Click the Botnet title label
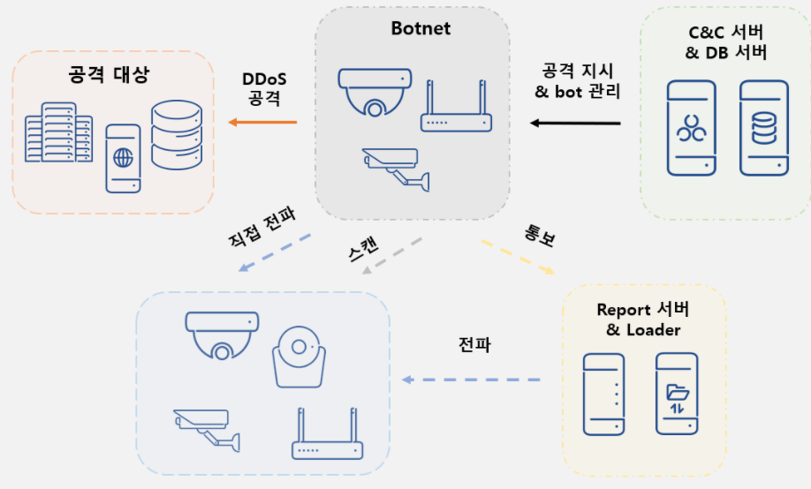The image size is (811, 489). pyautogui.click(x=421, y=28)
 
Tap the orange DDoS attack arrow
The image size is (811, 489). pyautogui.click(x=262, y=122)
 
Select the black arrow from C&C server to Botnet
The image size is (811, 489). pyautogui.click(x=575, y=123)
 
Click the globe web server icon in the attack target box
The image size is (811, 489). pyautogui.click(x=123, y=159)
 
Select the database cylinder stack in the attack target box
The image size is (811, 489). pyautogui.click(x=177, y=135)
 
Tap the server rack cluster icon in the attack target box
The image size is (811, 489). pyautogui.click(x=59, y=132)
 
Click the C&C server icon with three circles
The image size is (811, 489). pyautogui.click(x=692, y=128)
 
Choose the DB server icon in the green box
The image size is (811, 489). pyautogui.click(x=764, y=128)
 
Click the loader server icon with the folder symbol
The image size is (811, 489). pyautogui.click(x=677, y=394)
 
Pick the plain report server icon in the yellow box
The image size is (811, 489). pyautogui.click(x=603, y=395)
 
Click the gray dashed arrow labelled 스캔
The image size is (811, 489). pyautogui.click(x=392, y=256)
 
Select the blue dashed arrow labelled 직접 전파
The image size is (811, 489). pyautogui.click(x=275, y=252)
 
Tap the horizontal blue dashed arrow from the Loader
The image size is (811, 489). pyautogui.click(x=471, y=380)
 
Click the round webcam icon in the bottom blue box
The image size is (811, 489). pyautogui.click(x=299, y=357)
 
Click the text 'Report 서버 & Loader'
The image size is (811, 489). pyautogui.click(x=643, y=320)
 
